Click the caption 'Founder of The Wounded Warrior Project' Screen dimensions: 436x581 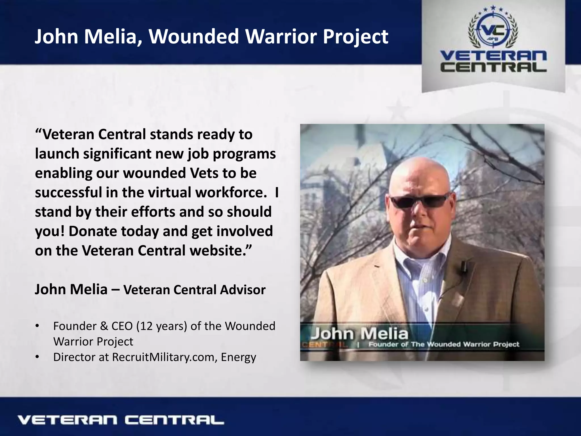tap(444, 344)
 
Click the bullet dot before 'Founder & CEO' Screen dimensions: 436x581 tap(37, 326)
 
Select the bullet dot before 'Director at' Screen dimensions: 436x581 tap(37, 357)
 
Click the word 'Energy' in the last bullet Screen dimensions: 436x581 tap(238, 357)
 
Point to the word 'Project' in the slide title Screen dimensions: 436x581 tap(355, 37)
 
